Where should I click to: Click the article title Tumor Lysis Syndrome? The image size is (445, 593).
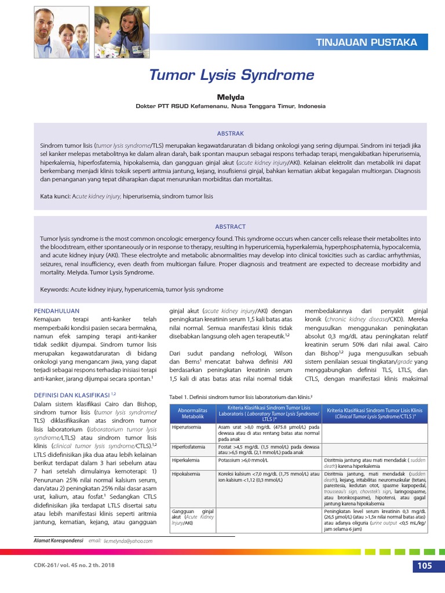tap(231, 75)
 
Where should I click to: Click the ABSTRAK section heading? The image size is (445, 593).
tap(231, 133)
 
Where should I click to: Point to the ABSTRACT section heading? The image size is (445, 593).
tap(231, 226)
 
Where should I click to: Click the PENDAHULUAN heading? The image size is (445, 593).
tap(56, 310)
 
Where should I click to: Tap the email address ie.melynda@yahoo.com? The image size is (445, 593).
tap(128, 541)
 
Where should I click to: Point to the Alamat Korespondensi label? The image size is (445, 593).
tap(59, 540)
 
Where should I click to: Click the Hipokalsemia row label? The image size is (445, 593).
tap(187, 474)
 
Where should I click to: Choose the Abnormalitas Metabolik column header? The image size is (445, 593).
tap(192, 413)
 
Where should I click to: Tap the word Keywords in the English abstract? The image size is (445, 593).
tap(54, 290)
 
